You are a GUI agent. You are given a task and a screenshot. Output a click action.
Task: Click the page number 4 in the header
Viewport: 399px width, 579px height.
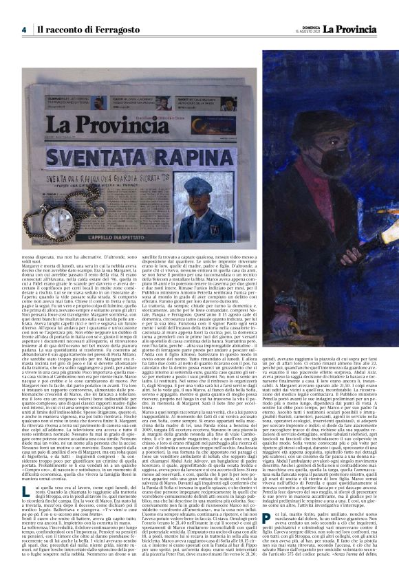click(23, 30)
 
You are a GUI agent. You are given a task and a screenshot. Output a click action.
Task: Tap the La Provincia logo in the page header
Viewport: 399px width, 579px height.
click(356, 29)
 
